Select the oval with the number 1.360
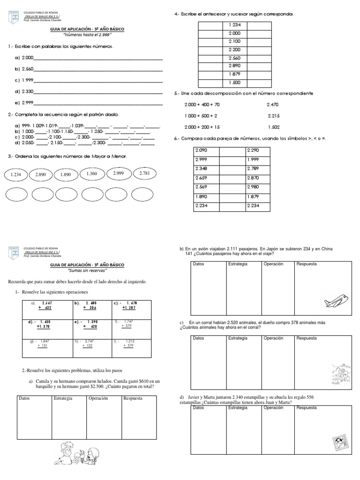92,174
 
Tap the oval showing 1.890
65,175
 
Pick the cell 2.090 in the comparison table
202,150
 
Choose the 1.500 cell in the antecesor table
234,82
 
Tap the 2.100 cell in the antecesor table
234,41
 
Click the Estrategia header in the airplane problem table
238,264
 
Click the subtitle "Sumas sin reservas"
87,271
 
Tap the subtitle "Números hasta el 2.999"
87,35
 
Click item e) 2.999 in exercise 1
24,102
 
